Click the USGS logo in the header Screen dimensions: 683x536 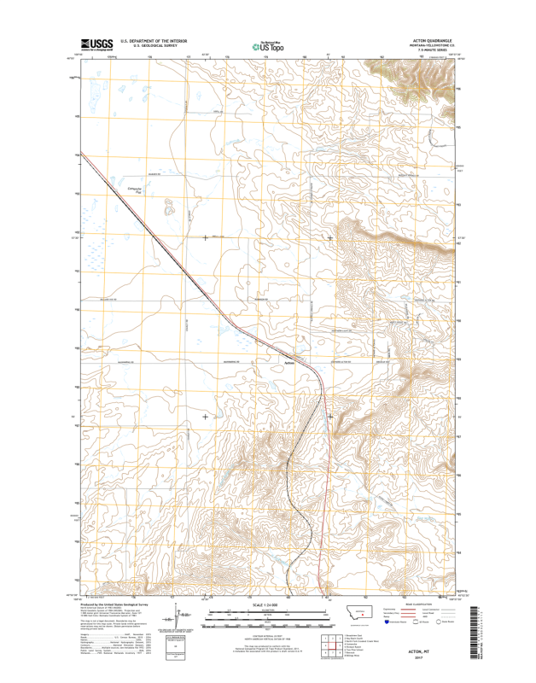click(x=96, y=44)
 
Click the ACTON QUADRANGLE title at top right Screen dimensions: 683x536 click(x=435, y=39)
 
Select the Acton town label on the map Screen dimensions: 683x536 click(x=288, y=360)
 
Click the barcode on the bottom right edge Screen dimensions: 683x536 click(x=473, y=632)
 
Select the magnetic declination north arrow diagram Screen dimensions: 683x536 click(x=176, y=616)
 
